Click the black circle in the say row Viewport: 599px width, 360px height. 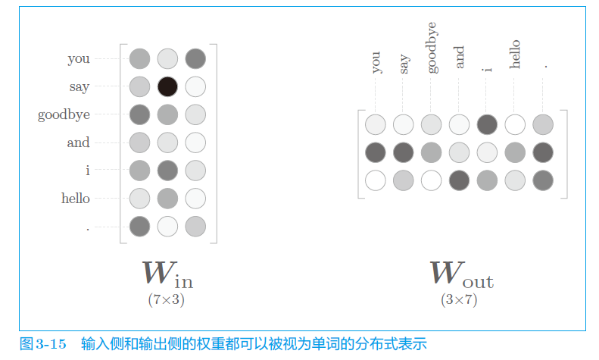[167, 86]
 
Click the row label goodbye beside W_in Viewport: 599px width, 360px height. [64, 115]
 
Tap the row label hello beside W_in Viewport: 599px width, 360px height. [76, 199]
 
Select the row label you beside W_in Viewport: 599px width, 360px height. [79, 58]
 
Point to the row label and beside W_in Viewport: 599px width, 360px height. [78, 142]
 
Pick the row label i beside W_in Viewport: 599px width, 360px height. [87, 171]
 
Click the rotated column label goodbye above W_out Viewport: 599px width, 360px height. [432, 52]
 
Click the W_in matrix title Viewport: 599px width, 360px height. [167, 274]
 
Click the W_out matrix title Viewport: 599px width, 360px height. [461, 274]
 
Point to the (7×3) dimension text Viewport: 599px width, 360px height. [167, 299]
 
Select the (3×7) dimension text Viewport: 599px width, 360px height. [459, 299]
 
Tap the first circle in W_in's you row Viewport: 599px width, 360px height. [139, 58]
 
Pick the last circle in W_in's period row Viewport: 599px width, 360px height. [195, 226]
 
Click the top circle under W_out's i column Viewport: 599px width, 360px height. [487, 124]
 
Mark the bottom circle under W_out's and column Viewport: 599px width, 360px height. [459, 180]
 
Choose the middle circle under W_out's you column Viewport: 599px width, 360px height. [376, 152]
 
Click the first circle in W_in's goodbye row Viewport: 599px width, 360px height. [139, 114]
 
